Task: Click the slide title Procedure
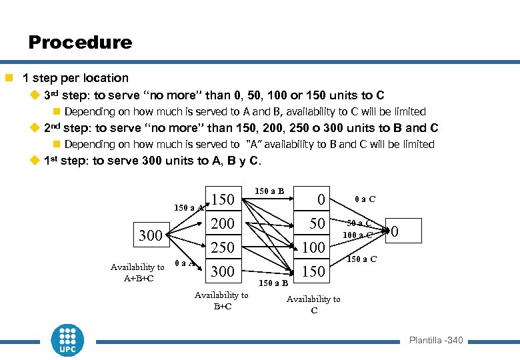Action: pyautogui.click(x=80, y=43)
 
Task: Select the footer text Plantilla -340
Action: pyautogui.click(x=435, y=341)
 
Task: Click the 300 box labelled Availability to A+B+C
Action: pyautogui.click(x=150, y=235)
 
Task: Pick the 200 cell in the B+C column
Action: pyautogui.click(x=223, y=223)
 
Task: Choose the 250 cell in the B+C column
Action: pyautogui.click(x=223, y=247)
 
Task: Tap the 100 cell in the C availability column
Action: pyautogui.click(x=313, y=247)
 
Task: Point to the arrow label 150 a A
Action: pyautogui.click(x=189, y=208)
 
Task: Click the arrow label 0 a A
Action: pyautogui.click(x=185, y=263)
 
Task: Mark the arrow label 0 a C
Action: pyautogui.click(x=365, y=199)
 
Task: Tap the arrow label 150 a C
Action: pyautogui.click(x=363, y=259)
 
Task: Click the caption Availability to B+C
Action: pyautogui.click(x=221, y=301)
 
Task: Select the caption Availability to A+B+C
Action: pyautogui.click(x=137, y=273)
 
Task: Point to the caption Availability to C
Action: pyautogui.click(x=313, y=305)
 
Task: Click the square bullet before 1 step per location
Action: pyautogui.click(x=9, y=78)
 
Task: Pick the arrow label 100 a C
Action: pyautogui.click(x=358, y=235)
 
